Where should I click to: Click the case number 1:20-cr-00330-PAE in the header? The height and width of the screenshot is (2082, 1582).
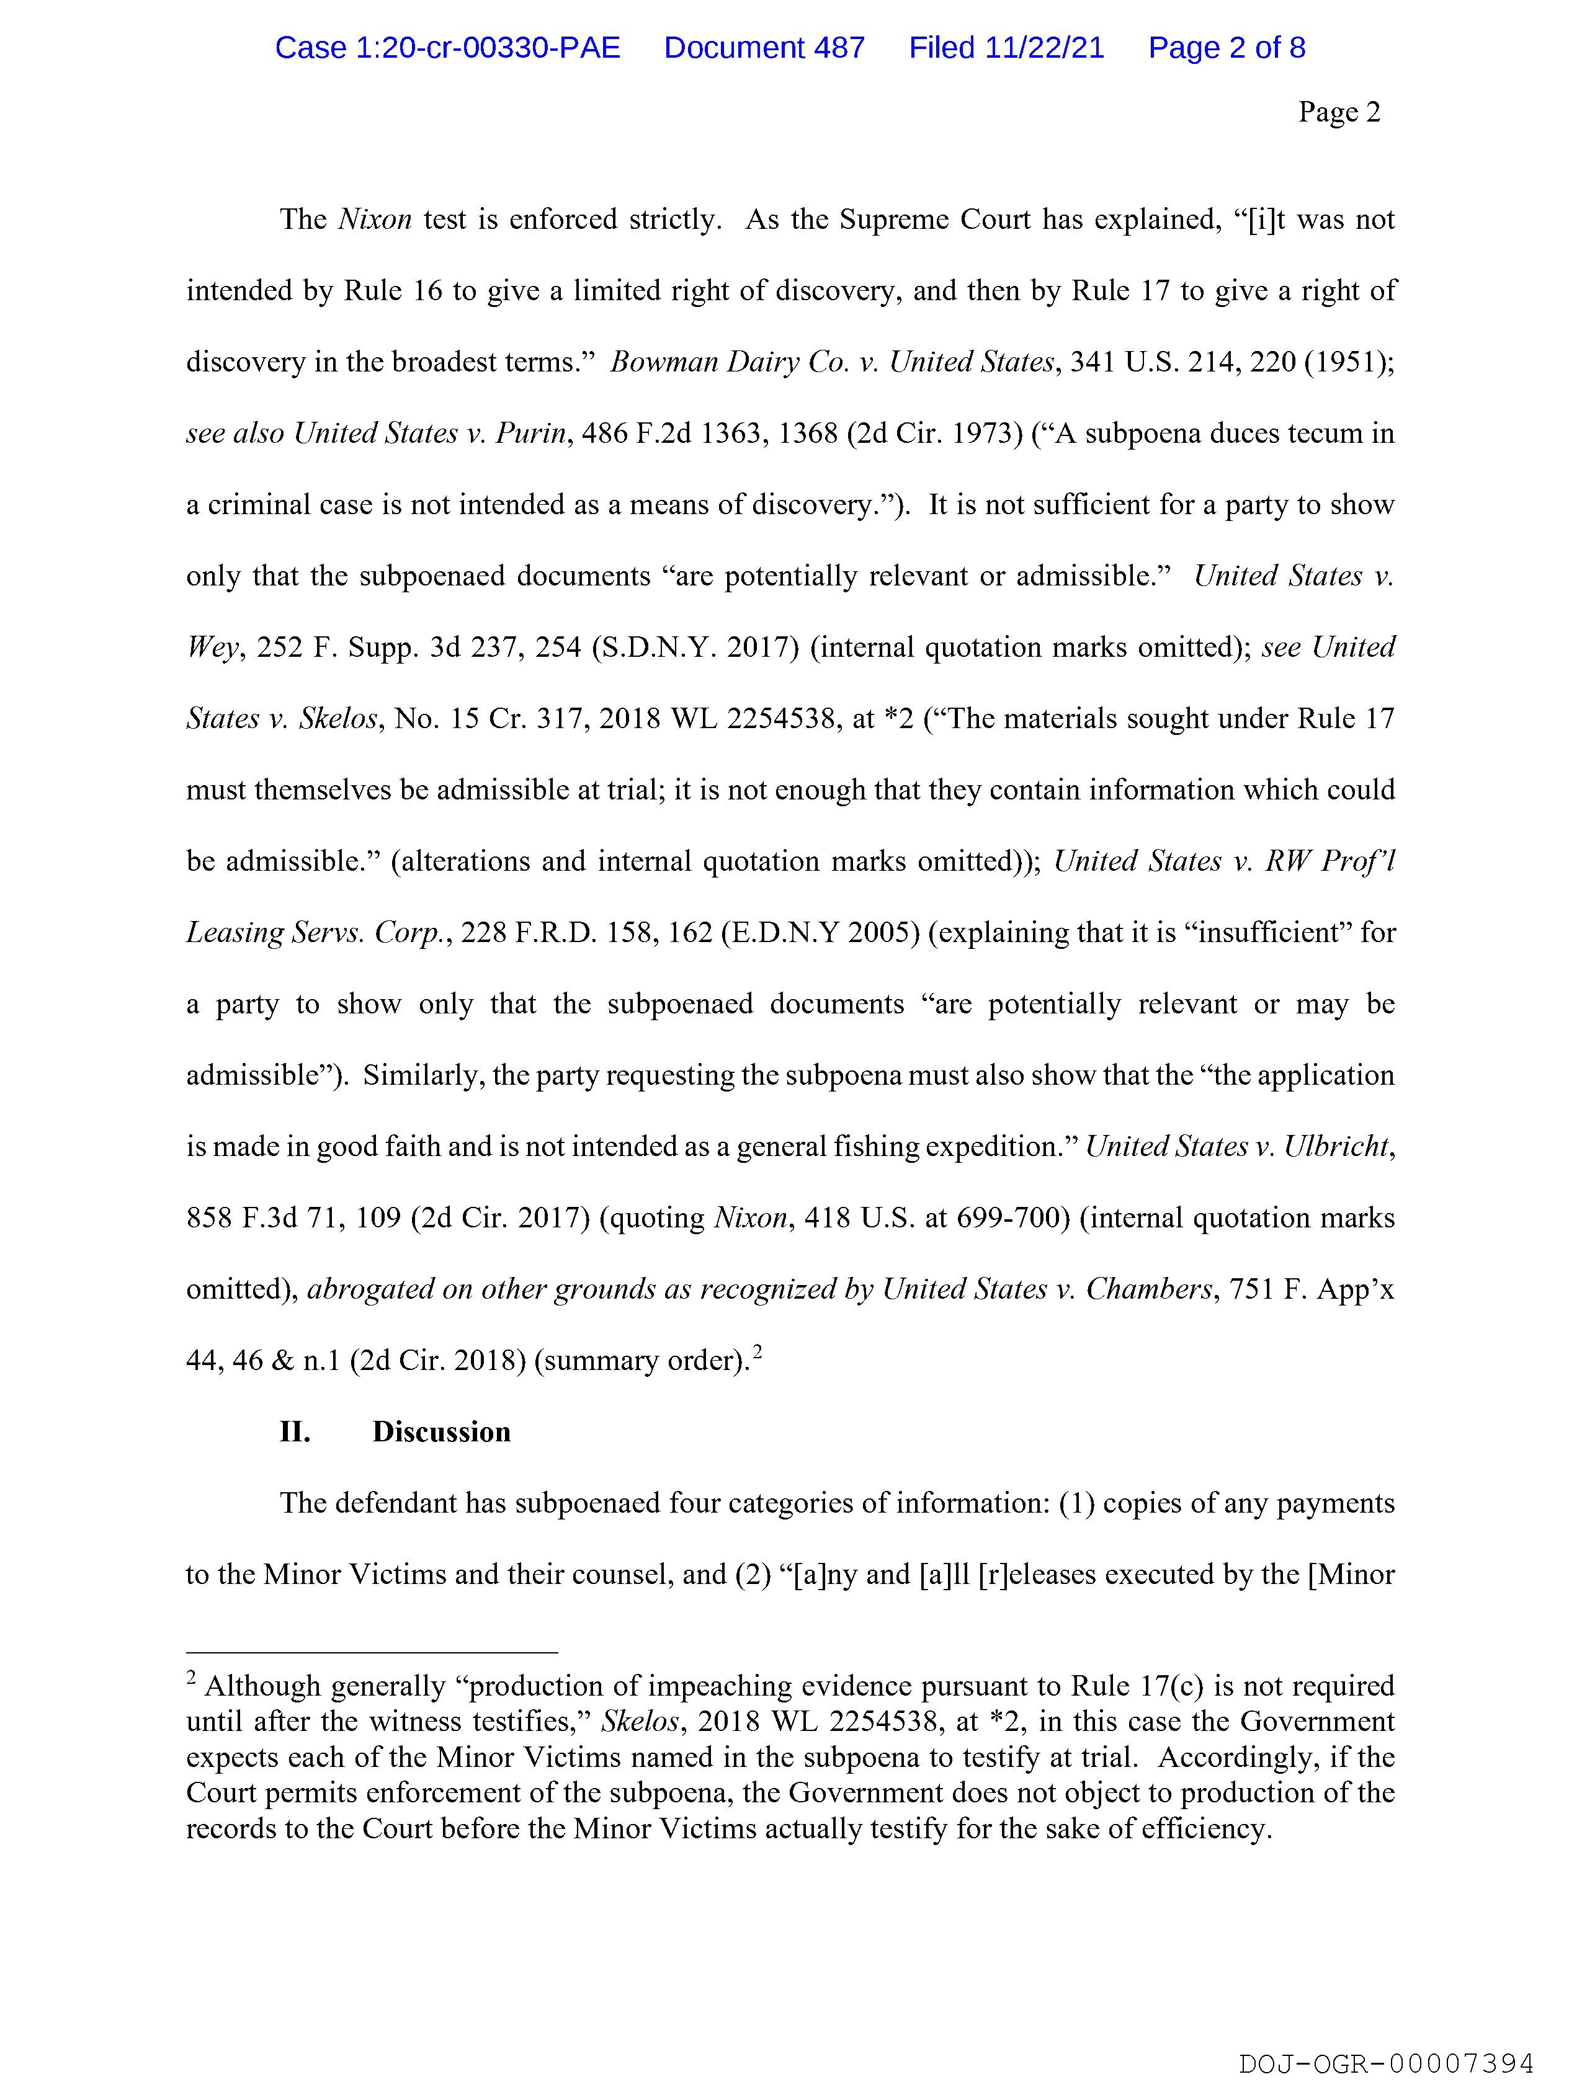447,48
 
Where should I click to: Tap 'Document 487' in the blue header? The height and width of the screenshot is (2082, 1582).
764,48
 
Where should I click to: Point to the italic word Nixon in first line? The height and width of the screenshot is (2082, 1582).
374,220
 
